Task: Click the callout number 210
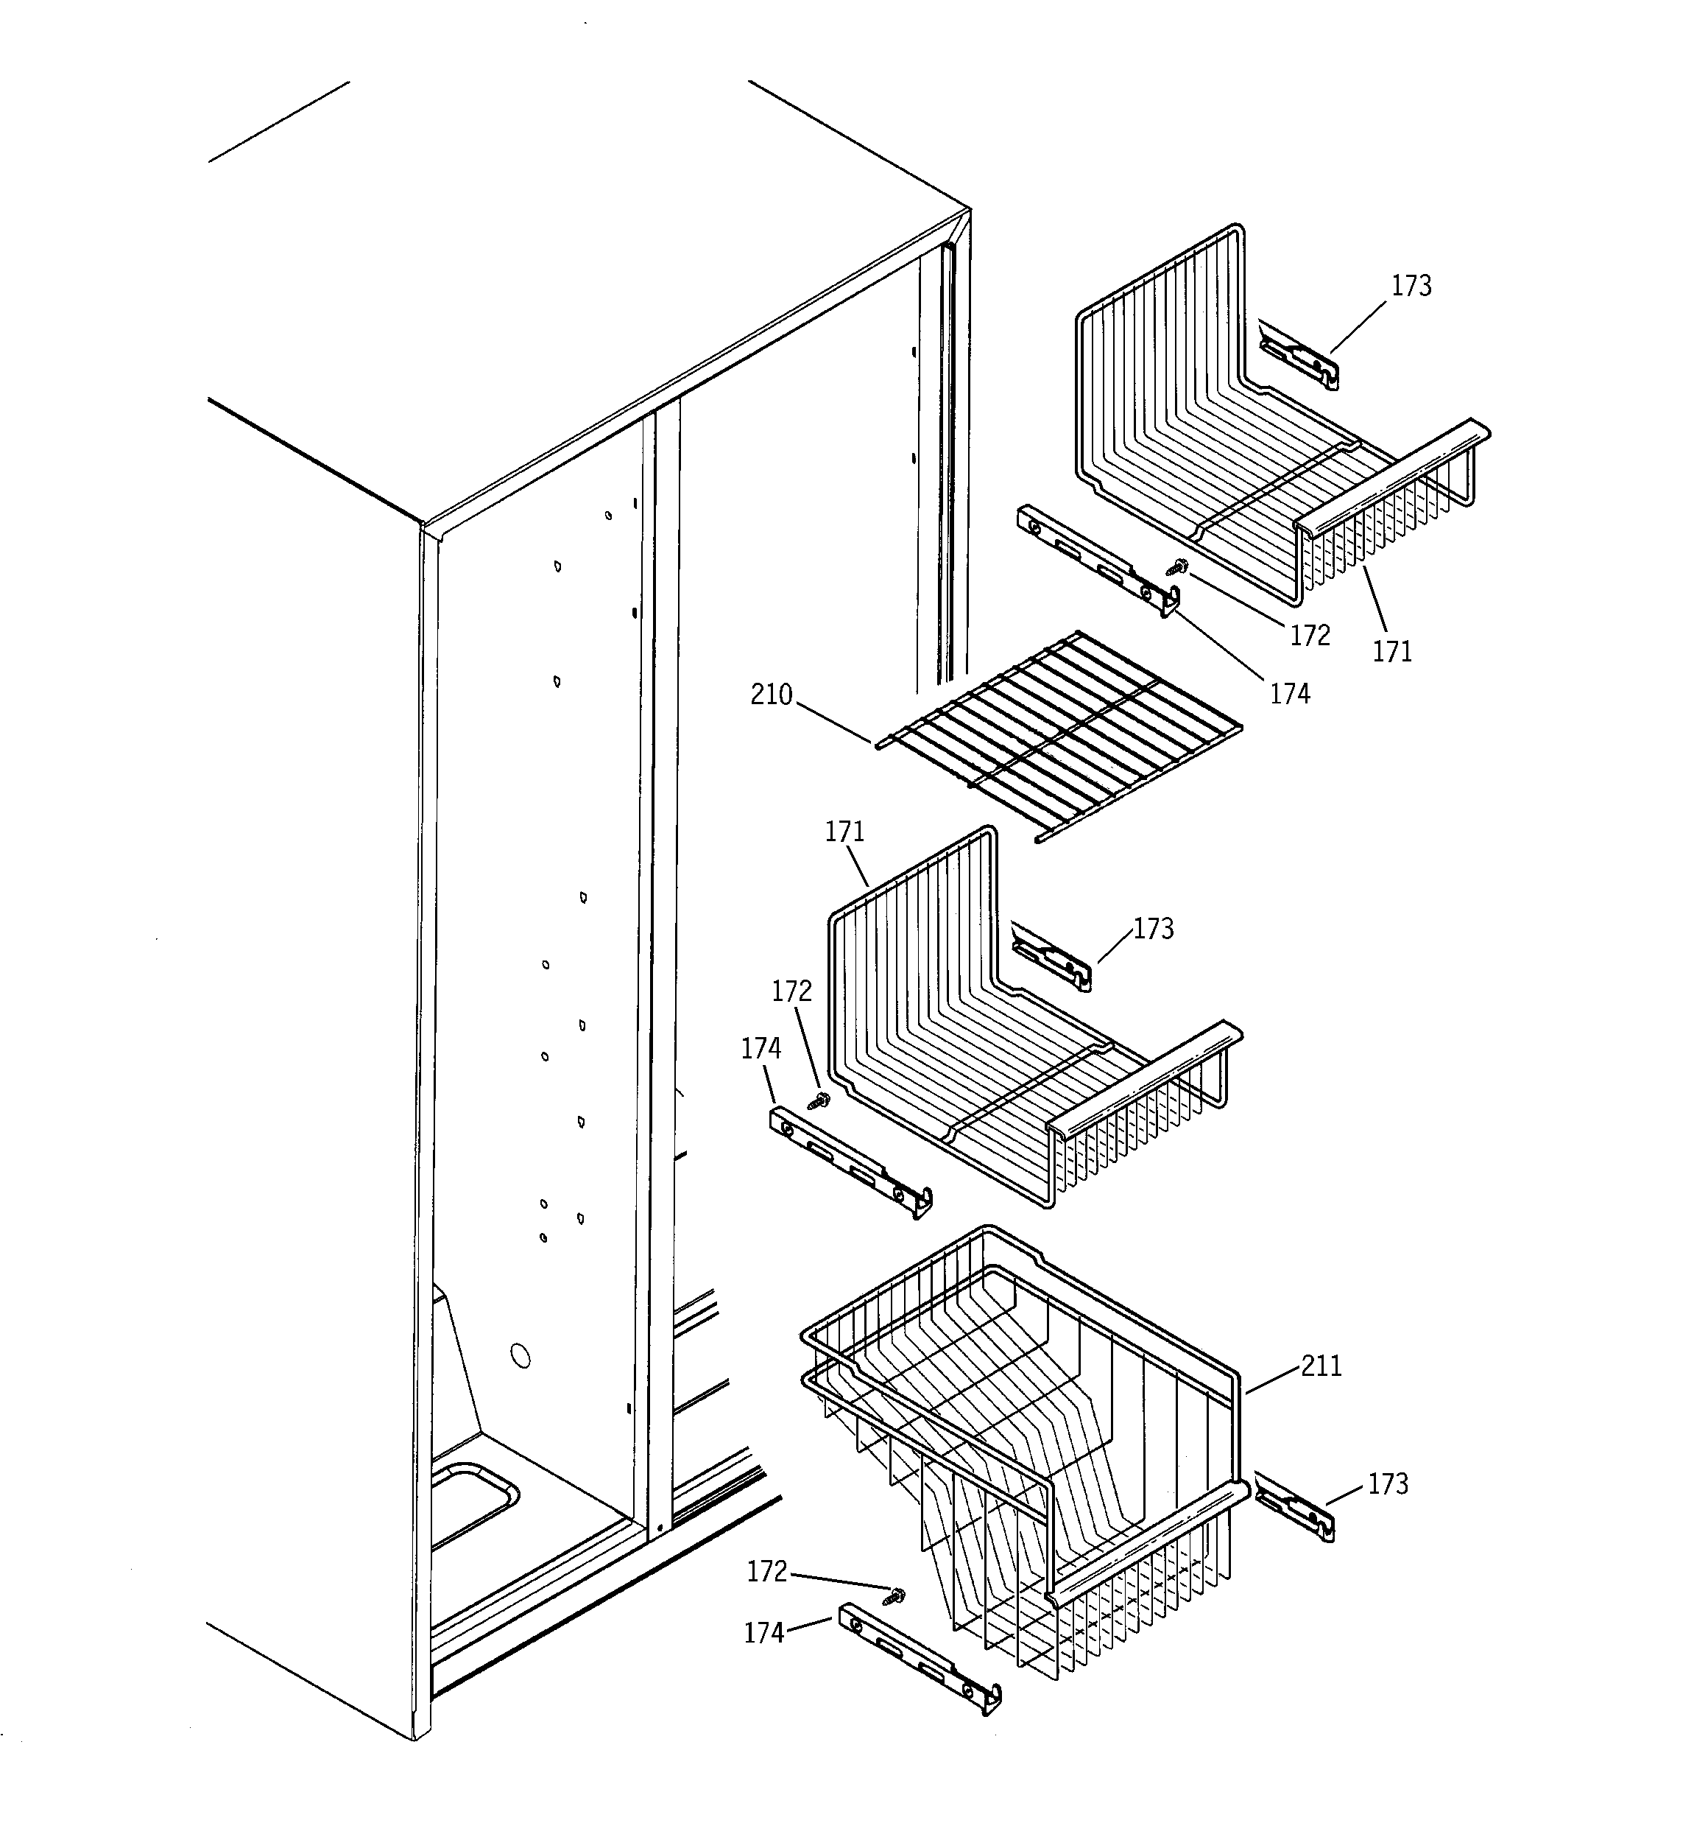771,695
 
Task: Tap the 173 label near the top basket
1411,286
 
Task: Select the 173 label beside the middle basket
1154,929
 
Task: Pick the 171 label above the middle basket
844,832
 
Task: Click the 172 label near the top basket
1310,636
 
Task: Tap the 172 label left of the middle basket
791,991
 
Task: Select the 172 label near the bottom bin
766,1572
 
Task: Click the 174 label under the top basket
1289,694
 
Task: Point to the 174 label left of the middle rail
761,1048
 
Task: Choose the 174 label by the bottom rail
763,1633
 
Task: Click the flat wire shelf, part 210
1059,734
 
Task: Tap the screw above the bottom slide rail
893,1596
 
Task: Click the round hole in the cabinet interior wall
519,1356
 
